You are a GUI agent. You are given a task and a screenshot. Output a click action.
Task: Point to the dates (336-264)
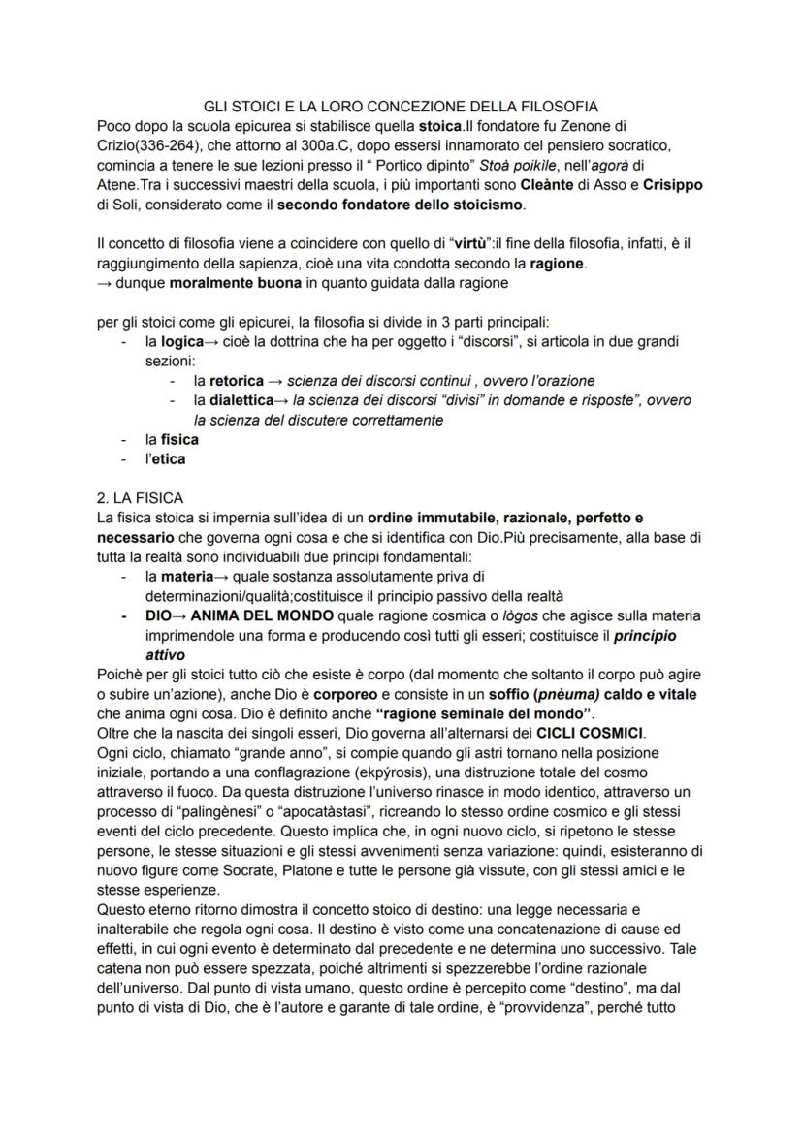[x=170, y=145]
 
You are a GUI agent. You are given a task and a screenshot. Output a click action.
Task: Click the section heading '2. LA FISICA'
[x=140, y=498]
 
